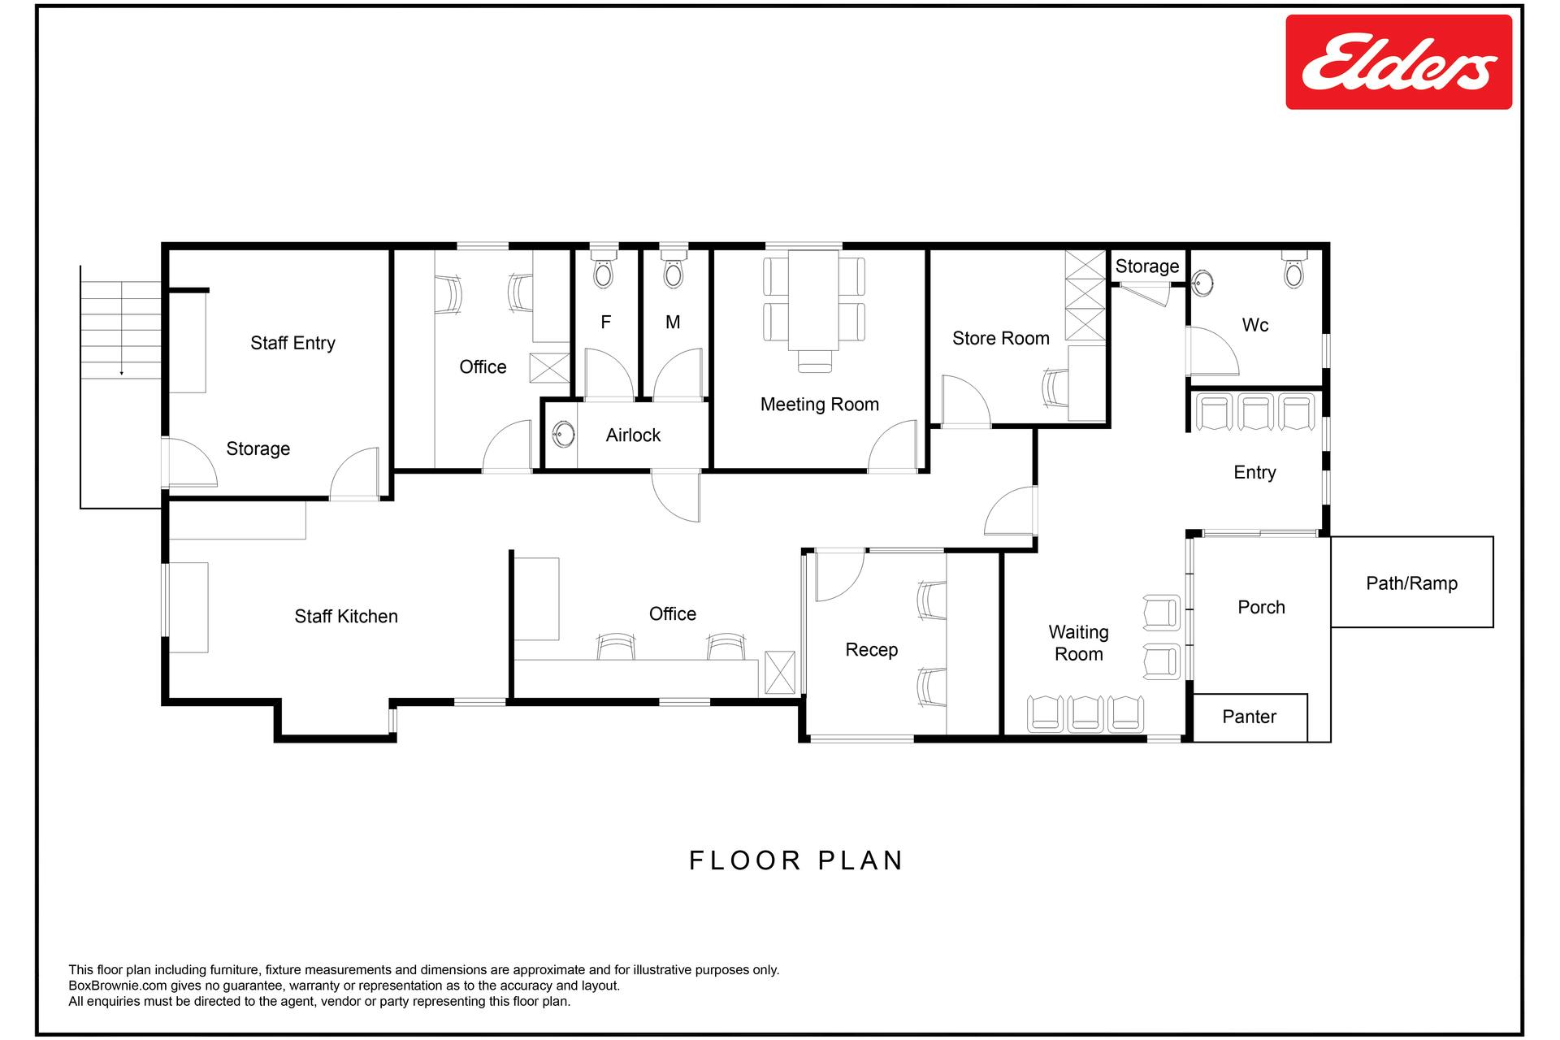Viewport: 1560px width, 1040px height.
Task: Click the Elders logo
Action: point(1398,62)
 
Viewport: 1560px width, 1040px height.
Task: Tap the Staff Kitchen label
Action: point(346,617)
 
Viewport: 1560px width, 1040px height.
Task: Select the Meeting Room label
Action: point(820,405)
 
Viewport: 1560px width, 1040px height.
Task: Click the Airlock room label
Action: point(633,435)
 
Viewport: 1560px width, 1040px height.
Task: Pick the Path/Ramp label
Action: point(1412,583)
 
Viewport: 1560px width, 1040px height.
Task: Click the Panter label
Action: point(1250,717)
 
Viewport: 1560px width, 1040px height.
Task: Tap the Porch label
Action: point(1261,608)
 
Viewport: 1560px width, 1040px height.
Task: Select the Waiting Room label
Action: point(1079,643)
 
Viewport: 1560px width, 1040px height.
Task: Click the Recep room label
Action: point(872,650)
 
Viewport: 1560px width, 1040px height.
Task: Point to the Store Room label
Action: point(1001,339)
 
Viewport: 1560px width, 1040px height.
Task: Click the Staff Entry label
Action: point(292,344)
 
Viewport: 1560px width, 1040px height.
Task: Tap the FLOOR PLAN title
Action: point(796,860)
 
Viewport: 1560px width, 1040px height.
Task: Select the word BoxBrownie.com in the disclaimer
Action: point(118,986)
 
